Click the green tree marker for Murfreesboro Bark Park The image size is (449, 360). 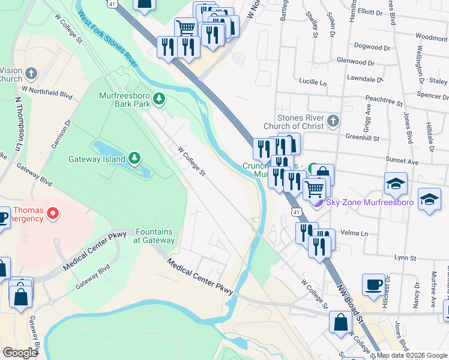click(158, 98)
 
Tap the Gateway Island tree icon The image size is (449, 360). click(135, 158)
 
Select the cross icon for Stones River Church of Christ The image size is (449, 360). click(334, 122)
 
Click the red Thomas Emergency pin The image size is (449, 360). click(53, 213)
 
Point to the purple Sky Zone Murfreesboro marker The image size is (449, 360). click(318, 202)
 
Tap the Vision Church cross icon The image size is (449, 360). click(32, 74)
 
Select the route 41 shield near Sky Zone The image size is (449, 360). click(296, 212)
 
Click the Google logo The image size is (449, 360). click(20, 353)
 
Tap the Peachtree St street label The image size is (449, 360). click(383, 103)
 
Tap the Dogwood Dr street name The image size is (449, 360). click(372, 46)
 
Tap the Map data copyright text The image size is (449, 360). click(412, 355)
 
